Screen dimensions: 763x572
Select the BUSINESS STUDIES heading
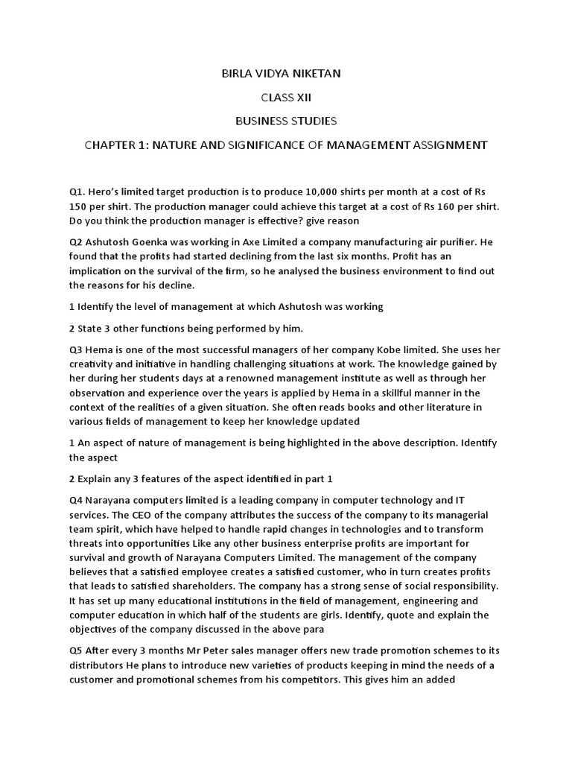286,120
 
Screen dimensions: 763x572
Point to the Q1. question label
78,191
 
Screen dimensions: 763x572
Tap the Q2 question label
76,241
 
